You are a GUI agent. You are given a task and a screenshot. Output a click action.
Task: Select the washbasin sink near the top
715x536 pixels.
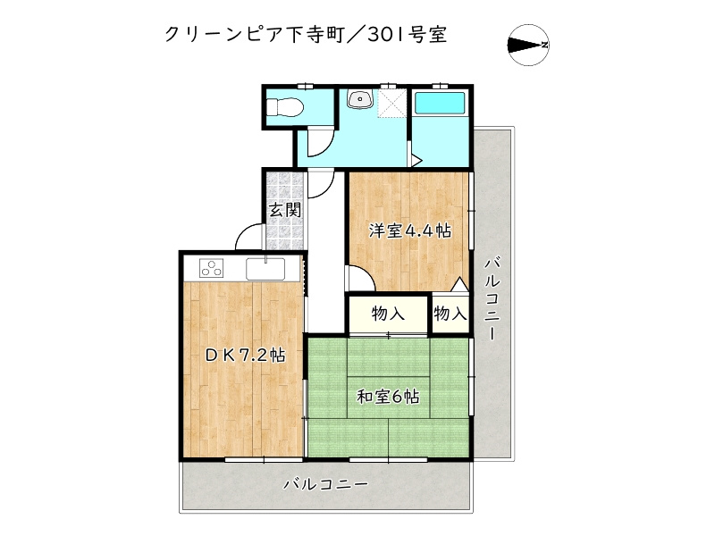click(361, 100)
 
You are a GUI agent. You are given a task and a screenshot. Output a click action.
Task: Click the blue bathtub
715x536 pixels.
click(441, 103)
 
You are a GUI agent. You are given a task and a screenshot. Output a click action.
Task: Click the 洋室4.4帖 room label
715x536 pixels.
click(410, 230)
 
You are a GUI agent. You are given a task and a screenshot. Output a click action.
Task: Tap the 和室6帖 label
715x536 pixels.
click(389, 396)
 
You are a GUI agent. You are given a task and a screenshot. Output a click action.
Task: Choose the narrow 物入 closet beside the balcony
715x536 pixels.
click(450, 314)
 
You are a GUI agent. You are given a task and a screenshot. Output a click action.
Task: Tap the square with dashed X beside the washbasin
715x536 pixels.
click(391, 104)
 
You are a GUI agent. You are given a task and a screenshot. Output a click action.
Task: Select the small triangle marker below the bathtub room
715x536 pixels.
click(416, 161)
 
